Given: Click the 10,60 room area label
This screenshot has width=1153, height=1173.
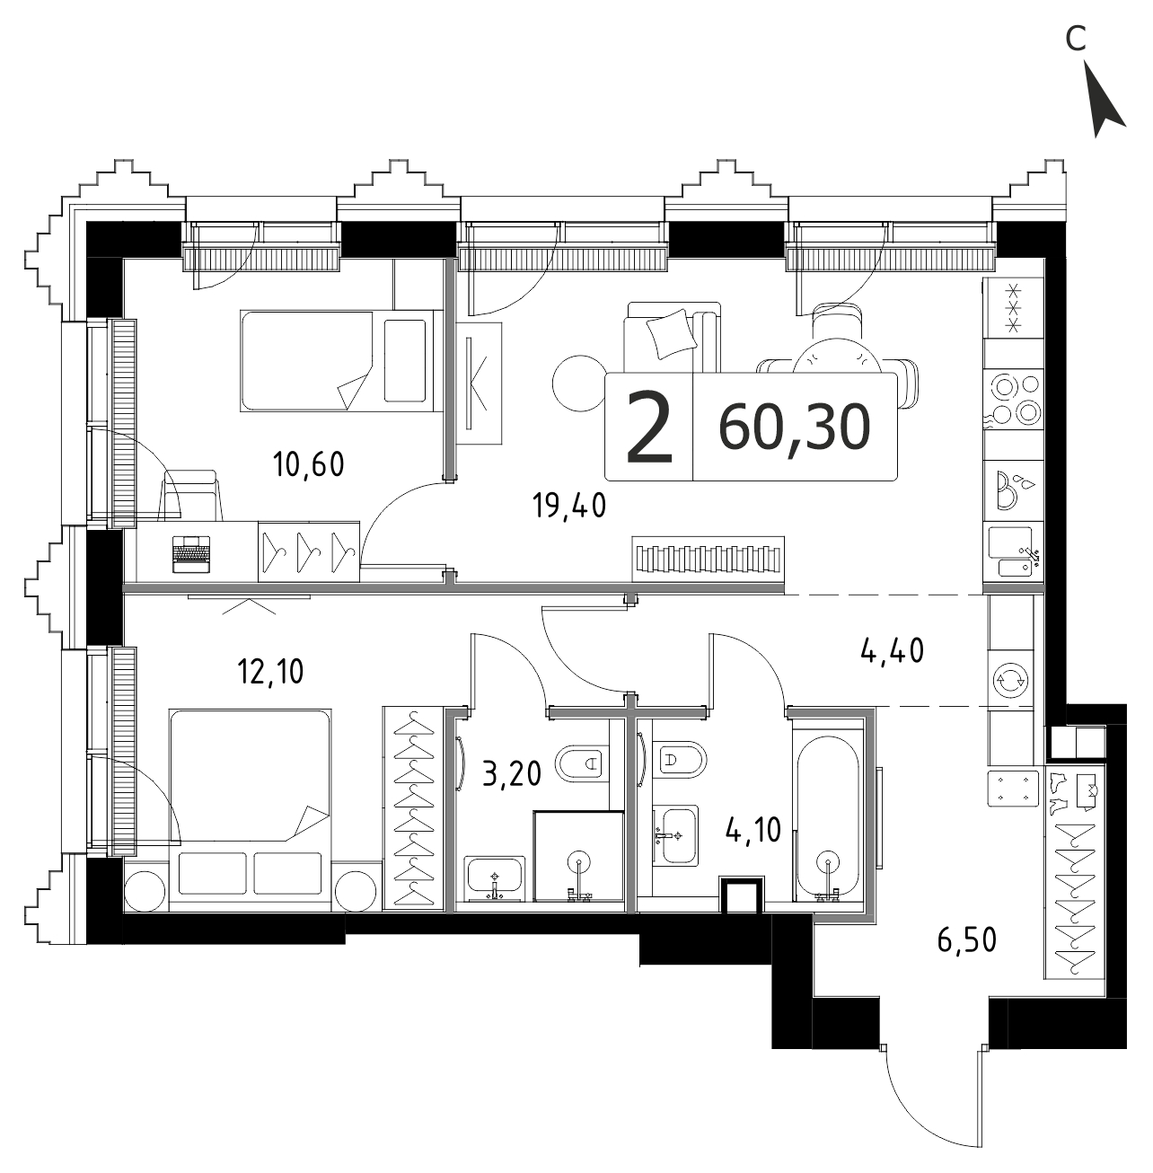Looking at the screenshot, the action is point(309,464).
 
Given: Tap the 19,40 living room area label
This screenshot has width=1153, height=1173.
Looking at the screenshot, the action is point(569,505).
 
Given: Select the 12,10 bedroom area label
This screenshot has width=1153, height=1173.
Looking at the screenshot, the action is point(270,672).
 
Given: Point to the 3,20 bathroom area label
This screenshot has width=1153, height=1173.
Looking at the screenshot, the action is point(512,774).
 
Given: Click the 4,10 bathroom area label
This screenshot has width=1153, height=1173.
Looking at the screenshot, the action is point(753,830).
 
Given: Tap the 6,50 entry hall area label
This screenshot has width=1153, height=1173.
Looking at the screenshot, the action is point(967,939).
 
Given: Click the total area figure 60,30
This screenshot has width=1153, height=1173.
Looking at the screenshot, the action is point(795,427).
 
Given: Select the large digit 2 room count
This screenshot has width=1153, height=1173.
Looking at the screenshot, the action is point(649,427).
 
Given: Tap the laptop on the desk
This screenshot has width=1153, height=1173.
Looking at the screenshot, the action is point(191,554).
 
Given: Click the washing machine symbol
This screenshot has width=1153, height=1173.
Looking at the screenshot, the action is point(1010,681).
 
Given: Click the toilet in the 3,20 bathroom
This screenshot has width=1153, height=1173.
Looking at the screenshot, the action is point(582,762).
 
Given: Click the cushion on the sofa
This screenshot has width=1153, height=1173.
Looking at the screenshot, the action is point(672,334).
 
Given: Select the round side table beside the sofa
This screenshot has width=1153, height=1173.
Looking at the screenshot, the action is point(578,384).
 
